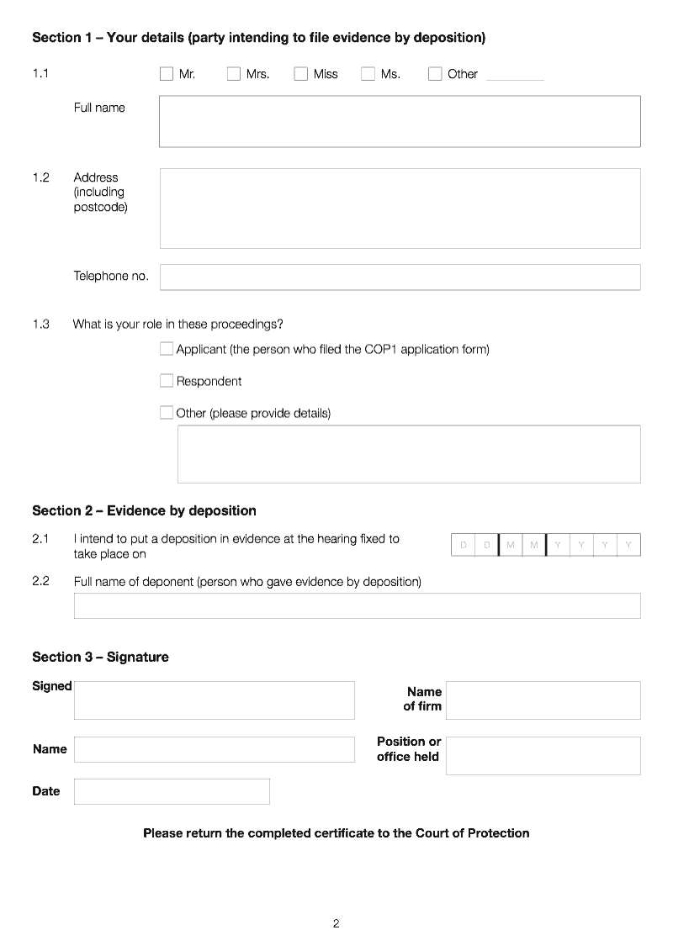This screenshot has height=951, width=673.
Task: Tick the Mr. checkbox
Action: coord(167,74)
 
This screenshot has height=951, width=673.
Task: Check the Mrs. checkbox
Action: coord(234,74)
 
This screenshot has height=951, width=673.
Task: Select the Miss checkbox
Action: coord(301,74)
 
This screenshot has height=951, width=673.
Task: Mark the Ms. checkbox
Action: coord(368,74)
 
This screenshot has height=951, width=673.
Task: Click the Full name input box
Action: coord(400,121)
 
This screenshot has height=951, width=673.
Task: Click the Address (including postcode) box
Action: coord(400,208)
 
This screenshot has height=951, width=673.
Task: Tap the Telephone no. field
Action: coord(400,277)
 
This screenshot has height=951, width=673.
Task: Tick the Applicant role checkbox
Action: coord(167,349)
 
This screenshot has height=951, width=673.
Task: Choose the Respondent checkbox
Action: coord(167,381)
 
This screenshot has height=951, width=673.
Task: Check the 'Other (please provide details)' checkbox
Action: coord(167,413)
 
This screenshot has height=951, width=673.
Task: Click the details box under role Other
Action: coord(409,454)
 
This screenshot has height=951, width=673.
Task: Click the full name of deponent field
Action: coord(357,605)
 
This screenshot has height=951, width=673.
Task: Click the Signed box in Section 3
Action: coord(215,700)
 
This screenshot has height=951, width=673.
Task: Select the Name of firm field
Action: coord(543,700)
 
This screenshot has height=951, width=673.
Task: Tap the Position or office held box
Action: coord(543,755)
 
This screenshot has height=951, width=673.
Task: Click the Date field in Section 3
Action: coord(172,791)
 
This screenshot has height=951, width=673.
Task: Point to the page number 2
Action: coord(336,923)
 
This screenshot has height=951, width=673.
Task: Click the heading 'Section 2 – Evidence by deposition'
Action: coord(144,510)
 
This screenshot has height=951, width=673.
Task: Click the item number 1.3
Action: coord(40,324)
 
